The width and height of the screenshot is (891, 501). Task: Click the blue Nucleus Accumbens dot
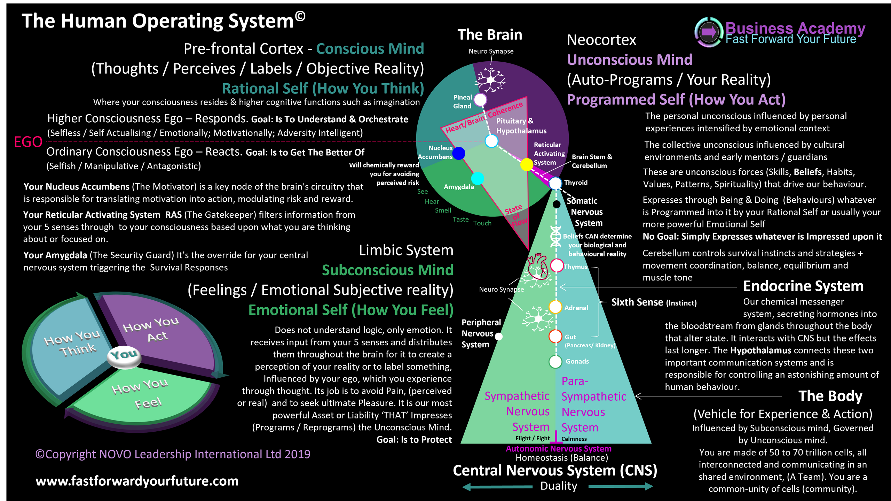pos(459,153)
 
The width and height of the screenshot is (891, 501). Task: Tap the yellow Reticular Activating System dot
pos(527,164)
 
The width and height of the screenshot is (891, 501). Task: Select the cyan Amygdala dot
pos(478,178)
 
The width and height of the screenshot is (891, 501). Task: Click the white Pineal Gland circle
pos(481,100)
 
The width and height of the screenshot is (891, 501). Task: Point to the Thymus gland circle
pos(557,266)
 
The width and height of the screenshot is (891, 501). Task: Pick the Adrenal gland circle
pos(555,307)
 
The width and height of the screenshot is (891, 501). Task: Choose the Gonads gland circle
pos(555,362)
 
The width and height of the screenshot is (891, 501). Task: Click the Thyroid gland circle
pos(555,183)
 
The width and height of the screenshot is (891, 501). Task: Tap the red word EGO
pos(28,142)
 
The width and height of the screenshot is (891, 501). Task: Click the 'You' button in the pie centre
pos(124,355)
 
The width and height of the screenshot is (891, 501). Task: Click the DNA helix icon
pos(556,236)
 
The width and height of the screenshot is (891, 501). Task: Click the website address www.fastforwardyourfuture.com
pos(137,481)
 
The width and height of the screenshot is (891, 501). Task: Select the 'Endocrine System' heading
pos(803,286)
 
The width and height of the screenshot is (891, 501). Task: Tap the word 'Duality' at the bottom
pos(559,486)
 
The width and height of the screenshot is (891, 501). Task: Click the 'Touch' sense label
pos(482,223)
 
